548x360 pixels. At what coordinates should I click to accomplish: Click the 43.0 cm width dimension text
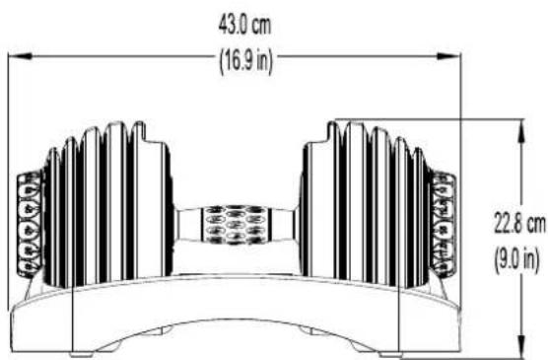click(244, 26)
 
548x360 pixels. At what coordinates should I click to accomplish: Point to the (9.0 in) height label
click(516, 260)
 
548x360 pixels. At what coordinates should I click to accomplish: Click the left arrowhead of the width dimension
click(21, 56)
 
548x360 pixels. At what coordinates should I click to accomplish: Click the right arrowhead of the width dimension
click(449, 56)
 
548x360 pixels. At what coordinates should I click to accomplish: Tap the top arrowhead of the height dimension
click(521, 131)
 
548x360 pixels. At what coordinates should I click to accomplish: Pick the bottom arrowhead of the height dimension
click(521, 347)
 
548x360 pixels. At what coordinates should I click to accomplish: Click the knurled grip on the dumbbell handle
click(236, 225)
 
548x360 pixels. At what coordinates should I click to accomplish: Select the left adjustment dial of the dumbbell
click(30, 224)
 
